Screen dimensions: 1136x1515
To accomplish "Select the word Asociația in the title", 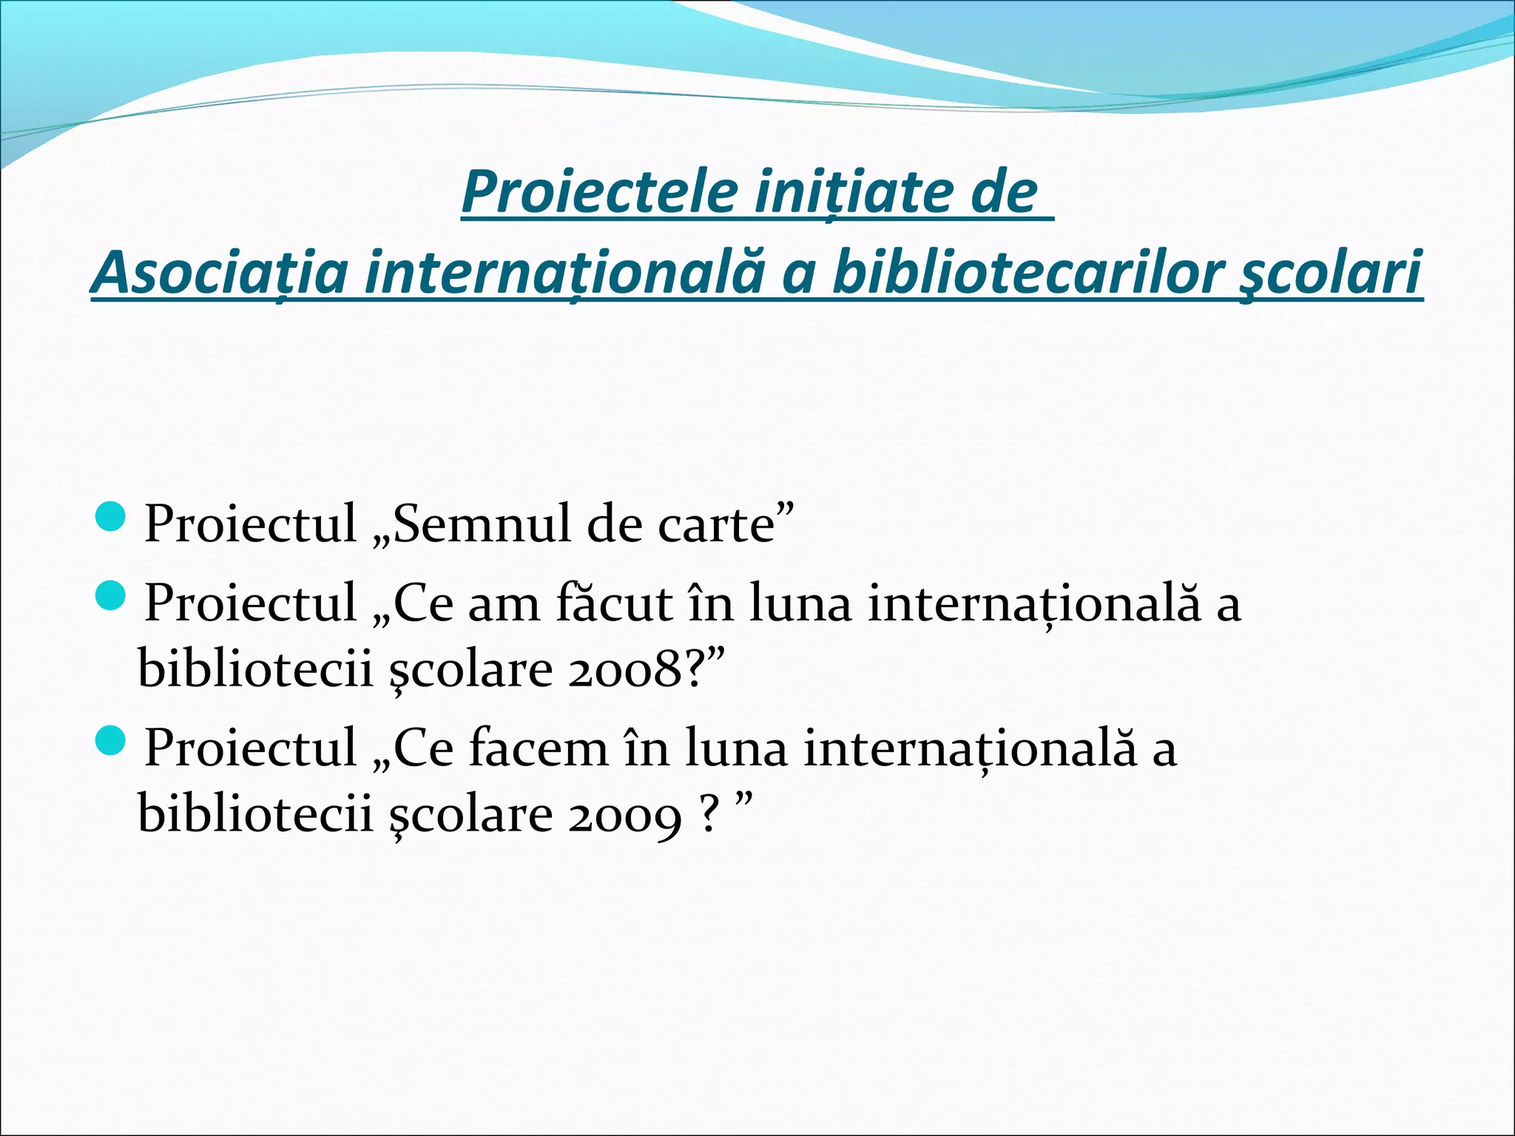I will point(219,272).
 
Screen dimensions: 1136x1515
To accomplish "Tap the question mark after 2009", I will point(709,814).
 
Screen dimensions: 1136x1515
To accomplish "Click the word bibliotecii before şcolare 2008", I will point(255,669).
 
